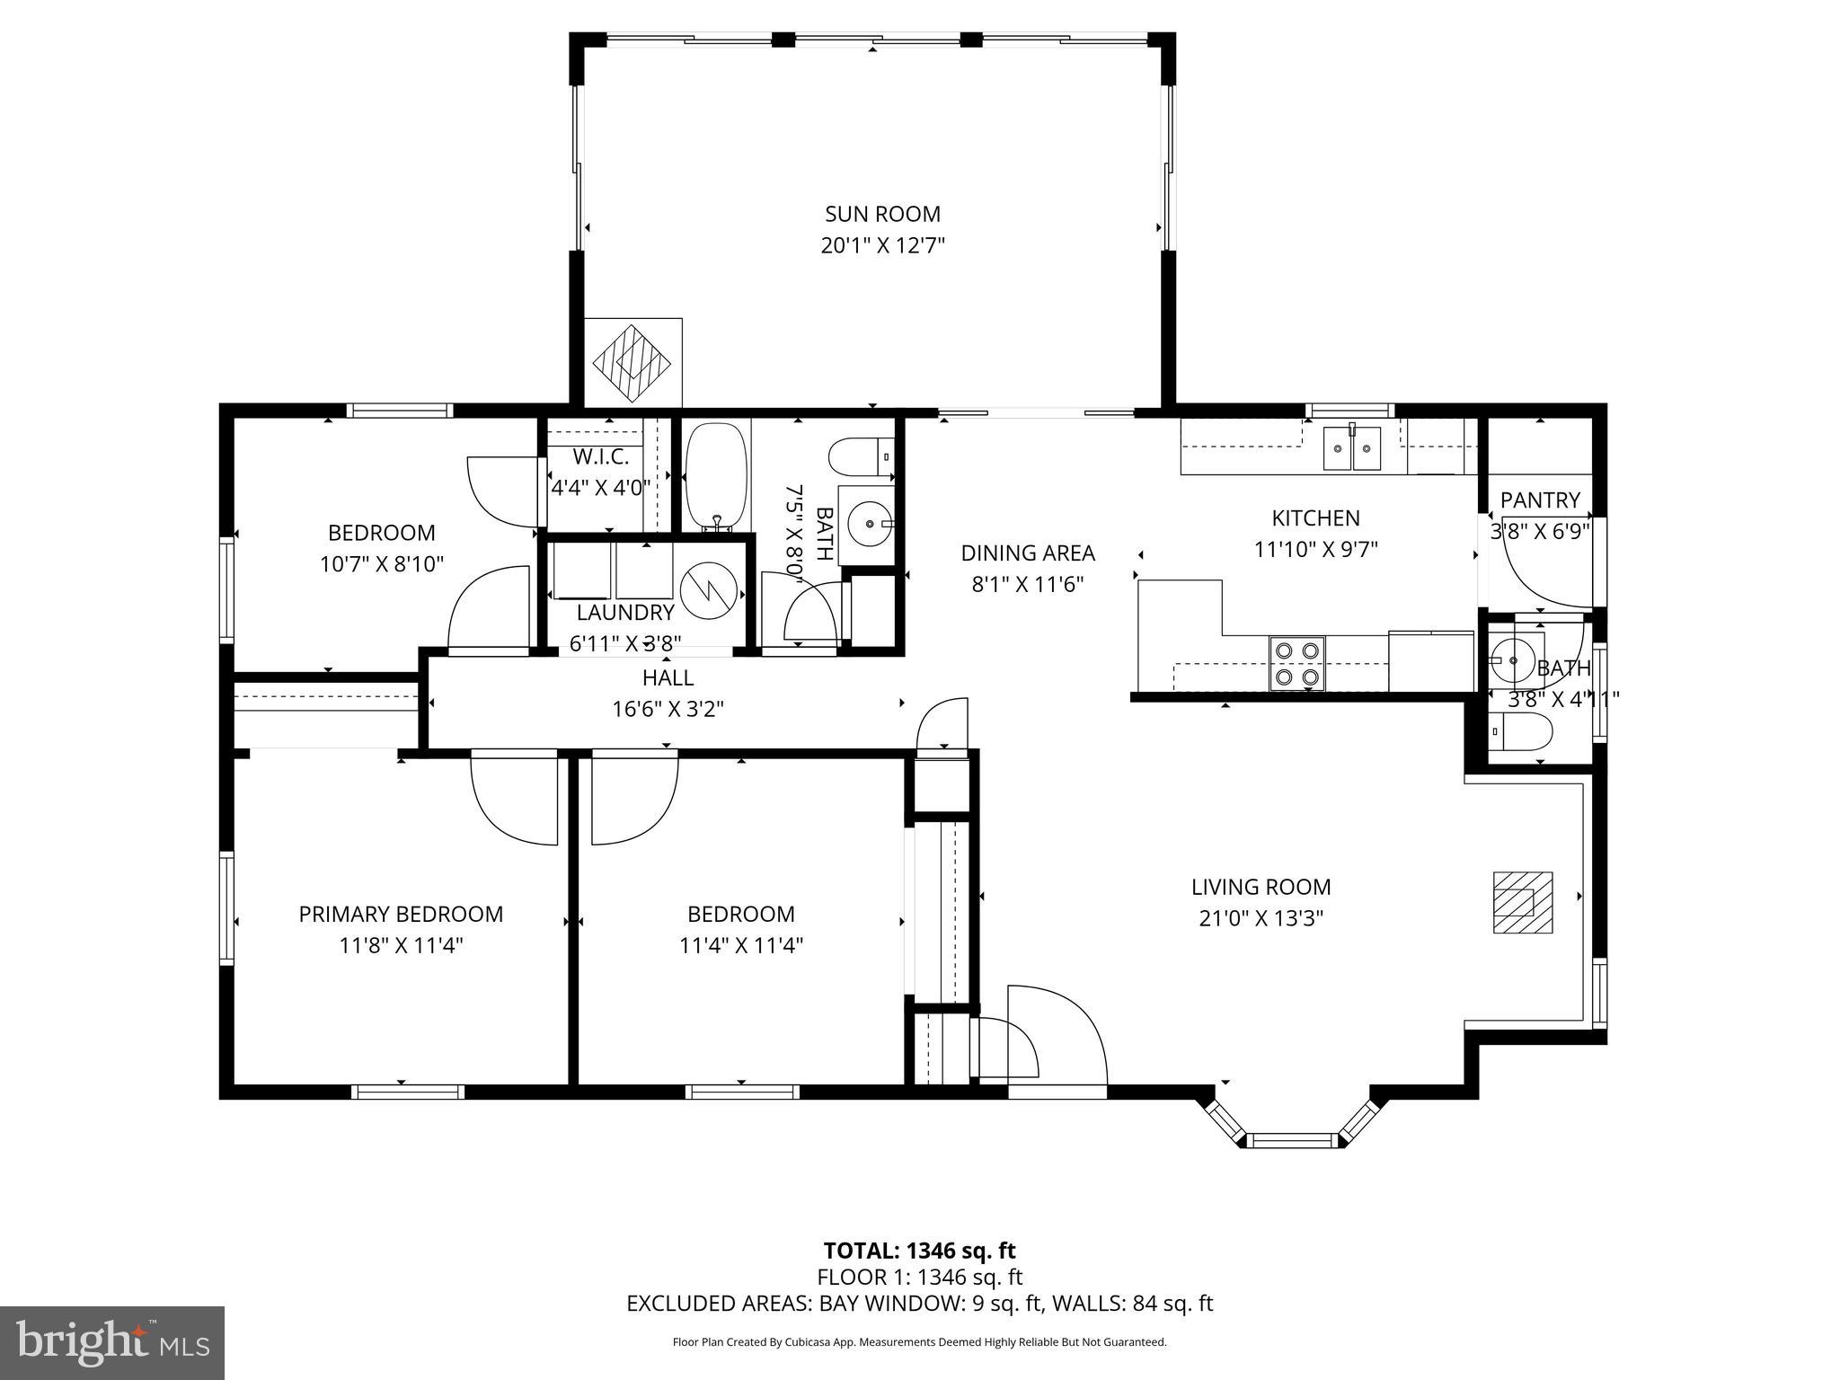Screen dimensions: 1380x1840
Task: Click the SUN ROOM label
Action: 882,214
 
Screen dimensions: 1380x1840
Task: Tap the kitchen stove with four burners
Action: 1296,663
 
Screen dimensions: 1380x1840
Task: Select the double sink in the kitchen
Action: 1352,447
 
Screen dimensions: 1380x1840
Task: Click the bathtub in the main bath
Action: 716,477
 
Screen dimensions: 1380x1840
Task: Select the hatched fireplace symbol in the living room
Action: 1523,902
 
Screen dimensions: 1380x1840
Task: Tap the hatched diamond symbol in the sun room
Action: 632,362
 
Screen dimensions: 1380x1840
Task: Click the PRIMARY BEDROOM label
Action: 401,914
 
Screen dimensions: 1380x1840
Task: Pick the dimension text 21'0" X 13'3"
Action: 1261,918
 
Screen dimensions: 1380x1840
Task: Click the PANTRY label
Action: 1540,500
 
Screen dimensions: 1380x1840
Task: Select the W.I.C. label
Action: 600,457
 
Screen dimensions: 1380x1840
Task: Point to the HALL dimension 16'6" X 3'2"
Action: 668,709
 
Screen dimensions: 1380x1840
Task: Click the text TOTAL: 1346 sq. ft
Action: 919,1251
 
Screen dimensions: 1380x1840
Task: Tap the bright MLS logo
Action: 112,1342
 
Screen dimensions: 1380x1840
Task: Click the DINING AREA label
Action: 1028,553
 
